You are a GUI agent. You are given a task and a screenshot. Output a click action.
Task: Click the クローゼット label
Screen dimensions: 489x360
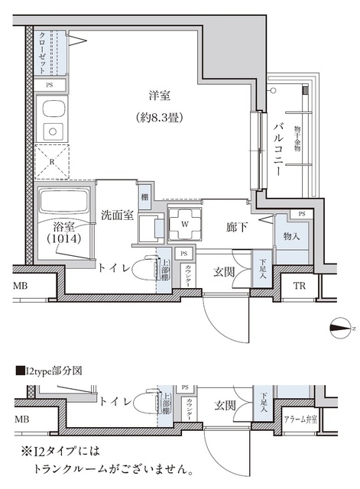[42, 51]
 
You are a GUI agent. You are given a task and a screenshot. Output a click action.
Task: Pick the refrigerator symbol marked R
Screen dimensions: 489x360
[51, 162]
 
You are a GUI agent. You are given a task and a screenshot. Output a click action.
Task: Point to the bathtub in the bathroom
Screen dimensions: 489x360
[64, 203]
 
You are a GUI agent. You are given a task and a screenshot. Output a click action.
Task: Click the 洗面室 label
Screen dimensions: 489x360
[118, 215]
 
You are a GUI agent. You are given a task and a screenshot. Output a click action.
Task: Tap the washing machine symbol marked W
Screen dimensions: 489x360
[184, 225]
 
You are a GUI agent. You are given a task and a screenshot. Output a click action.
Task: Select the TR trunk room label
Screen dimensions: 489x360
[300, 287]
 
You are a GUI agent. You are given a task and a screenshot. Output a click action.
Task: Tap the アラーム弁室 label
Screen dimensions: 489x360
[300, 419]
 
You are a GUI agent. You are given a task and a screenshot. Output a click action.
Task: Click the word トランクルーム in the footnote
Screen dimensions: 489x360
[83, 465]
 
